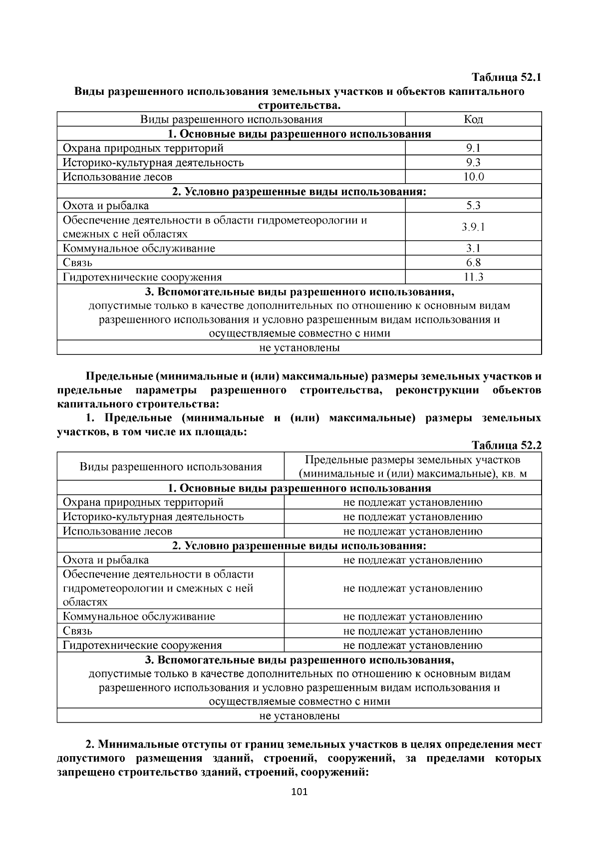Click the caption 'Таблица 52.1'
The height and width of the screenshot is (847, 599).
click(506, 78)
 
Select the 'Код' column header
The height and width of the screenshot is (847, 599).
click(473, 119)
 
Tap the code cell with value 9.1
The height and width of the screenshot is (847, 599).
click(473, 148)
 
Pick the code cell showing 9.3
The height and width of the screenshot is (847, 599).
click(473, 163)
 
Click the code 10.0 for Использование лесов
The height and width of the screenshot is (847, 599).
click(473, 177)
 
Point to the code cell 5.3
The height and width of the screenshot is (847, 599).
click(473, 206)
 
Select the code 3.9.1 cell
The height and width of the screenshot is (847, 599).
click(473, 227)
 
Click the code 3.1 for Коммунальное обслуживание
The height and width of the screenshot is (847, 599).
click(473, 249)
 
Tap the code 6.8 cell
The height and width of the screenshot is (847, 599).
click(473, 263)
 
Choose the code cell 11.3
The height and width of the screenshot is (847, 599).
click(473, 277)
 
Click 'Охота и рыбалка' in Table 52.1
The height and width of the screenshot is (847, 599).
click(105, 206)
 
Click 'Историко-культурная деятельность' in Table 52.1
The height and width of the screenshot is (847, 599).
click(153, 163)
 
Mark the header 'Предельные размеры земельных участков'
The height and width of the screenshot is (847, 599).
click(412, 460)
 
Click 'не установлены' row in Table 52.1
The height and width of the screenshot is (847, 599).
click(299, 348)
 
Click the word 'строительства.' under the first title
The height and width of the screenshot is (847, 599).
click(299, 105)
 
